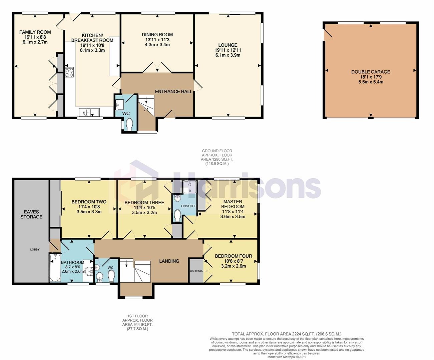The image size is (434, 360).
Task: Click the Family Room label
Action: point(35,32)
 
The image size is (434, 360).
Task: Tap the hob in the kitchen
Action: point(69,72)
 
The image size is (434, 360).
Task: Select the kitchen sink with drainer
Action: point(89,112)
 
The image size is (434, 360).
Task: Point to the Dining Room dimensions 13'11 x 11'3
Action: point(157,40)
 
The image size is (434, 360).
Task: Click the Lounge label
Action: point(228,45)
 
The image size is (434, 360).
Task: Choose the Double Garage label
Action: point(371,72)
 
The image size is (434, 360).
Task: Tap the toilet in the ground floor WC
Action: point(129,124)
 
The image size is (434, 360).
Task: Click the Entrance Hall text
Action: point(173,91)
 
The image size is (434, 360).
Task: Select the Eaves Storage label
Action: point(31,214)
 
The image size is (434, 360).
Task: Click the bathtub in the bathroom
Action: point(55,268)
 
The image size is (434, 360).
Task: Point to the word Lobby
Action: point(35,249)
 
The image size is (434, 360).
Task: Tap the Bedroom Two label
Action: point(89,202)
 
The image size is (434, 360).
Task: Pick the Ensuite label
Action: point(188,206)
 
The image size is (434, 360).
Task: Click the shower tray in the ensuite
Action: point(190,187)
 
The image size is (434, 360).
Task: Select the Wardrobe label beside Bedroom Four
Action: point(196,271)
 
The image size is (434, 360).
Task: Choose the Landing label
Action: point(169,261)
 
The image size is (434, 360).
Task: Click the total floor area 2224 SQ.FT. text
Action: point(287,334)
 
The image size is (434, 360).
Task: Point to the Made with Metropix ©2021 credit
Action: point(287,357)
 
